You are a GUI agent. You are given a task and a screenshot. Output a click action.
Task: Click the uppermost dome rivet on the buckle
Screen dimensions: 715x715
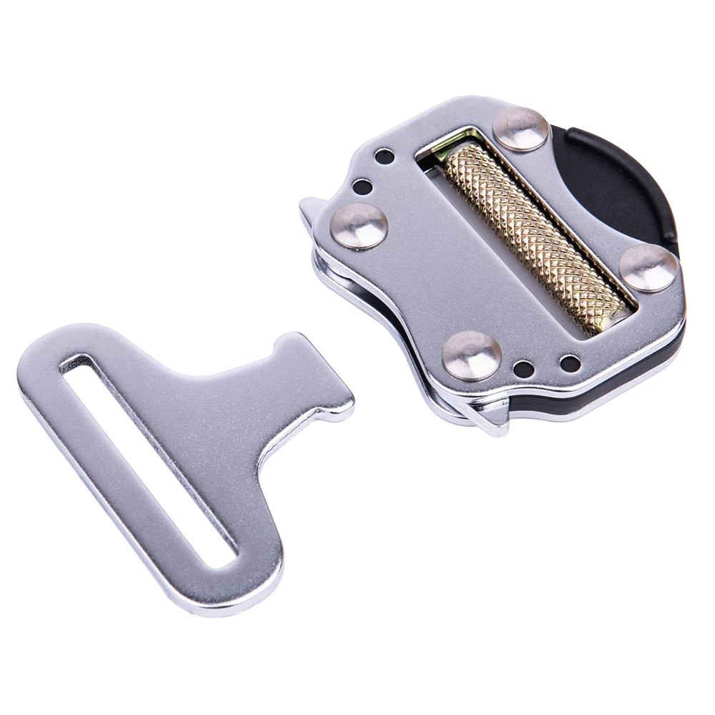tap(521, 128)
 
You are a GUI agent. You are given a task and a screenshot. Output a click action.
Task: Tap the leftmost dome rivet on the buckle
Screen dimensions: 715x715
tap(360, 226)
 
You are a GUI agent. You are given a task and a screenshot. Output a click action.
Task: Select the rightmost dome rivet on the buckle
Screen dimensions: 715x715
tap(648, 268)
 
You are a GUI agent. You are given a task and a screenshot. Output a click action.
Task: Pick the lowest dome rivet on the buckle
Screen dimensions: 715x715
tap(471, 355)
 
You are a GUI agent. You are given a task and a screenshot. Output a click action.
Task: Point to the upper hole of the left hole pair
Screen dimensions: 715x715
tap(384, 156)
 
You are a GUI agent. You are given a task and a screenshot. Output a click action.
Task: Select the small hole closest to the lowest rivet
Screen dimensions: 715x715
tap(523, 369)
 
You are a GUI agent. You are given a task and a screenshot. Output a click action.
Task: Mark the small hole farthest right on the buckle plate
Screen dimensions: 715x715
tap(570, 363)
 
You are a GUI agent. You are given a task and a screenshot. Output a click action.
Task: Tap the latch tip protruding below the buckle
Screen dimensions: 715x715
tap(493, 422)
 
